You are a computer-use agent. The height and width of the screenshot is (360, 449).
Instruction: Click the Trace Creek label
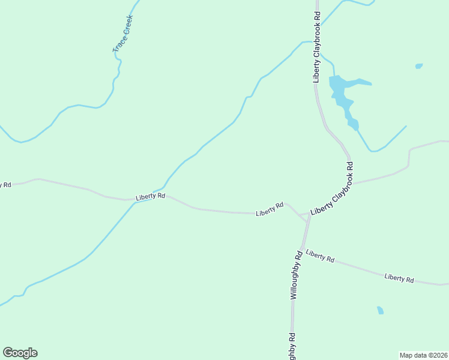pyautogui.click(x=122, y=34)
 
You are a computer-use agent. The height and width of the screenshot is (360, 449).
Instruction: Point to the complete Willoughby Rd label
pyautogui.click(x=295, y=275)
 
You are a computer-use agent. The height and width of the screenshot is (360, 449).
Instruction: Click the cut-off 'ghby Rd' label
pyautogui.click(x=292, y=346)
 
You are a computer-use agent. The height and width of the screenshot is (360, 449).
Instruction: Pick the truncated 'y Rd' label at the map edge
pyautogui.click(x=5, y=185)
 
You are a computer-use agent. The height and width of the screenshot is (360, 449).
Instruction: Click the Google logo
pyautogui.click(x=20, y=353)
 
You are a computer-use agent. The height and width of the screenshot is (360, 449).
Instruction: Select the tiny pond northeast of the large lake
pyautogui.click(x=418, y=66)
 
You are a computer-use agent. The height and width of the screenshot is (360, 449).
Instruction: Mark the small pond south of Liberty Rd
pyautogui.click(x=380, y=310)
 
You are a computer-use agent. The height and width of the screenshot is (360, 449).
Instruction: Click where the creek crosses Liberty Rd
pyautogui.click(x=135, y=201)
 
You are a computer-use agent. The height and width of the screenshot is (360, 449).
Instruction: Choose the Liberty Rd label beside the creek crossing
pyautogui.click(x=150, y=197)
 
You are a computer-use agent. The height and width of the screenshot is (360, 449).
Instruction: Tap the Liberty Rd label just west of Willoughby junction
pyautogui.click(x=270, y=209)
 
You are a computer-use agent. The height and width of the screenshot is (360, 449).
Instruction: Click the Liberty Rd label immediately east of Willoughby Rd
pyautogui.click(x=319, y=256)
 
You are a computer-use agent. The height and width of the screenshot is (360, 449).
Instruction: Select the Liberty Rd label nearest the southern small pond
pyautogui.click(x=399, y=278)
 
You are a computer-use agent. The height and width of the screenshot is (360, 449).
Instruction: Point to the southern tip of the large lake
pyautogui.click(x=355, y=128)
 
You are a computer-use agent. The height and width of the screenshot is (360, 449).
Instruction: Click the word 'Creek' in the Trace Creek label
pyautogui.click(x=125, y=26)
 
